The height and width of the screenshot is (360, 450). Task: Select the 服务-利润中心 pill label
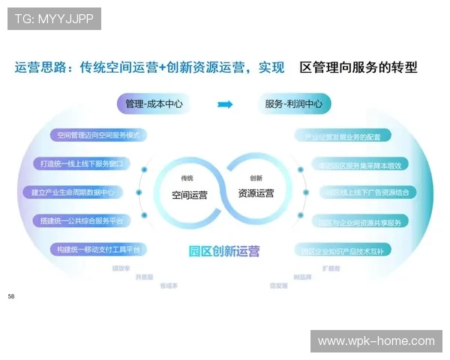(x=293, y=104)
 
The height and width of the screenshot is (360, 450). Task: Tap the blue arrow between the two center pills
(x=224, y=104)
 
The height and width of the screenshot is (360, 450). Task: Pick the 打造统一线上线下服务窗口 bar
(x=83, y=163)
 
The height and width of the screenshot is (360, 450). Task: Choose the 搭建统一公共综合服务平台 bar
(x=82, y=220)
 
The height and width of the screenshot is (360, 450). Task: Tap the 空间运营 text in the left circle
(x=190, y=193)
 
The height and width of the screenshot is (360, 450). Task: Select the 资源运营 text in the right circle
(x=256, y=193)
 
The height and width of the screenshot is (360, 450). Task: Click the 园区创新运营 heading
(x=224, y=251)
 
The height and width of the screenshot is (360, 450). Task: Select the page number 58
(x=11, y=297)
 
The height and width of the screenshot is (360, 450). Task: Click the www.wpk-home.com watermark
(x=376, y=341)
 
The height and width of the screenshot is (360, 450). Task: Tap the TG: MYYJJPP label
(x=54, y=19)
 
